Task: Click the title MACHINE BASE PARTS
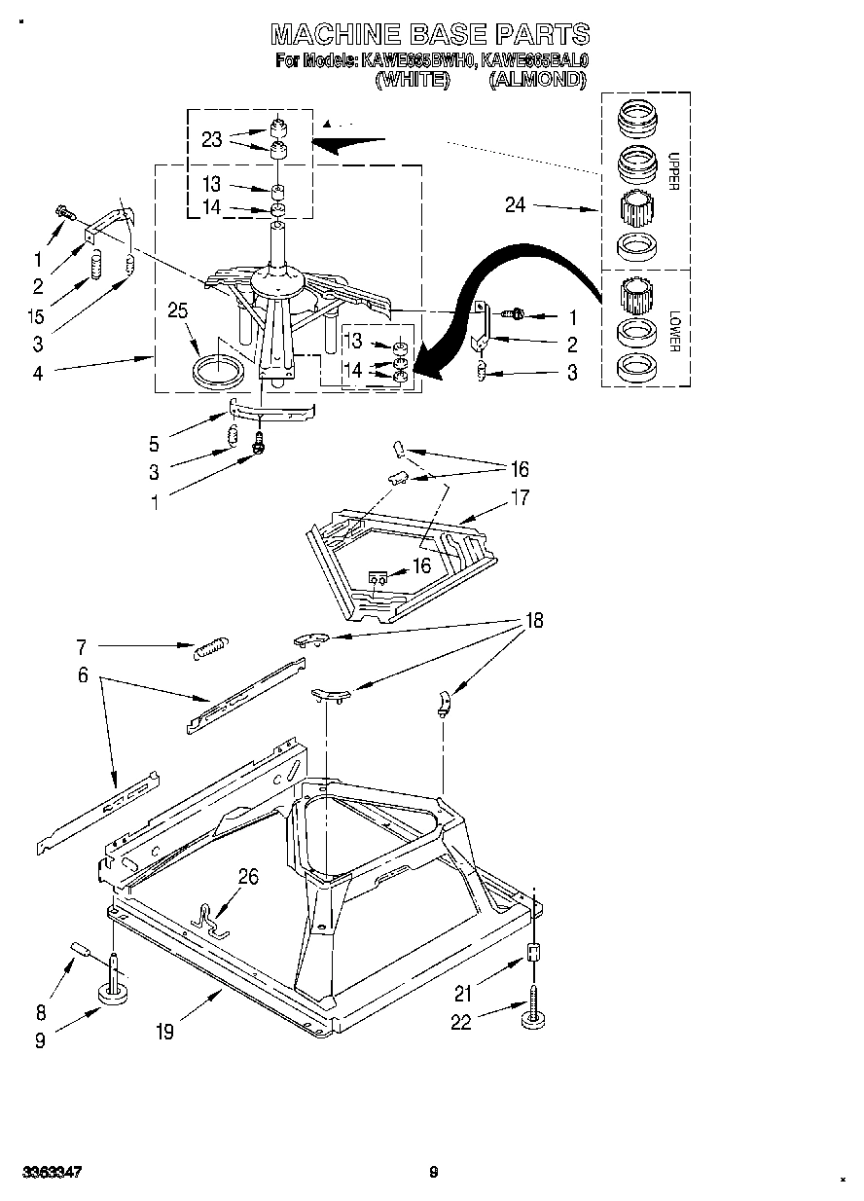(430, 34)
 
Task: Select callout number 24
(516, 204)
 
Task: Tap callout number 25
(178, 312)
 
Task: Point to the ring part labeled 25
(220, 372)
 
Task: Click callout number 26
(249, 877)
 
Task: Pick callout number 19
(165, 1032)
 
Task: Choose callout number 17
(521, 497)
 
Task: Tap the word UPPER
(672, 171)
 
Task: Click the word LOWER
(672, 331)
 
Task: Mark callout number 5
(154, 445)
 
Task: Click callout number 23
(211, 139)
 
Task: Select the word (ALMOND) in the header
(538, 81)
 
